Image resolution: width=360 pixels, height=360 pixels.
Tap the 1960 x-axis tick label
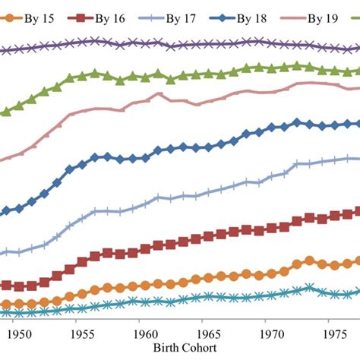[144, 333]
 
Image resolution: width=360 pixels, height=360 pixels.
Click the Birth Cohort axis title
[185, 347]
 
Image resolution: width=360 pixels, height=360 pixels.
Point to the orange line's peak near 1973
[309, 261]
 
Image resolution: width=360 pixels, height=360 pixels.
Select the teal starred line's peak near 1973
[309, 288]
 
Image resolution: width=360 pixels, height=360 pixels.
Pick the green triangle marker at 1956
[95, 74]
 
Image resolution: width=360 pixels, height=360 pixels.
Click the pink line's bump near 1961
[159, 94]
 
